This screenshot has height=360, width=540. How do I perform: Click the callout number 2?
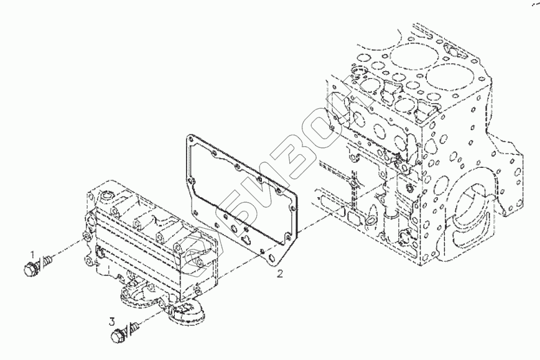281,273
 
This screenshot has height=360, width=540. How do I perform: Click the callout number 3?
112,321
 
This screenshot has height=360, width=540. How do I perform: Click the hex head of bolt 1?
31,269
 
